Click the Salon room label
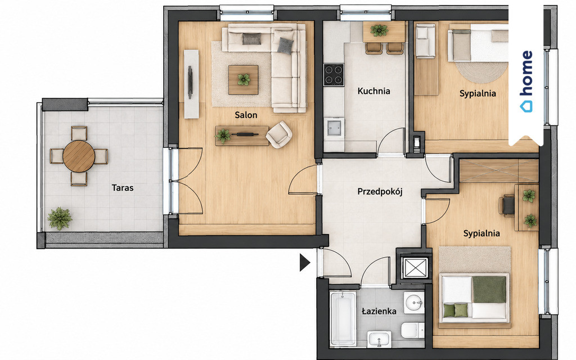click(246, 115)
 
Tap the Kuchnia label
click(373, 91)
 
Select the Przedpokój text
click(380, 191)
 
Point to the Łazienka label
click(379, 312)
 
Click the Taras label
click(122, 188)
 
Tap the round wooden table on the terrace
click(79, 156)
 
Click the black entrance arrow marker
click(305, 262)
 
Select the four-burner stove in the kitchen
click(334, 75)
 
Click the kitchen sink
click(334, 127)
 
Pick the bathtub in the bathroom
click(343, 318)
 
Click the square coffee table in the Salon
click(243, 80)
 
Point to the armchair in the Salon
click(279, 134)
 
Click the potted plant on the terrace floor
click(60, 219)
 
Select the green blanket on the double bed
click(489, 290)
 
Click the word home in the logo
click(526, 73)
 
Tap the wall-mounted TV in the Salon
click(190, 82)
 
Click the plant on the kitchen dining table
click(379, 30)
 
